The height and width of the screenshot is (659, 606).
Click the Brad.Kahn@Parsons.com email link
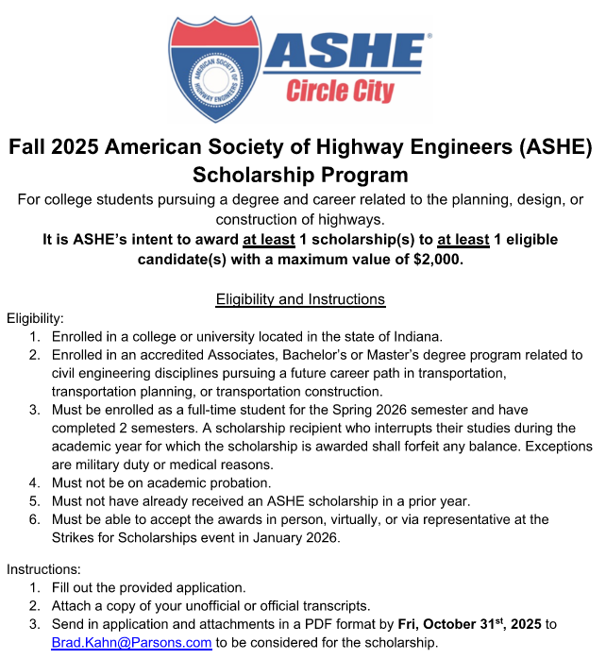pos(131,643)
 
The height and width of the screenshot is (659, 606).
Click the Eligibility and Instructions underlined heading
pos(300,299)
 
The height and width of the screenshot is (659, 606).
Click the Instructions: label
pos(45,569)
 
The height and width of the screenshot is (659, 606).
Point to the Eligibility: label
pos(35,318)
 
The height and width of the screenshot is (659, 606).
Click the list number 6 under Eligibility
pos(34,520)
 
